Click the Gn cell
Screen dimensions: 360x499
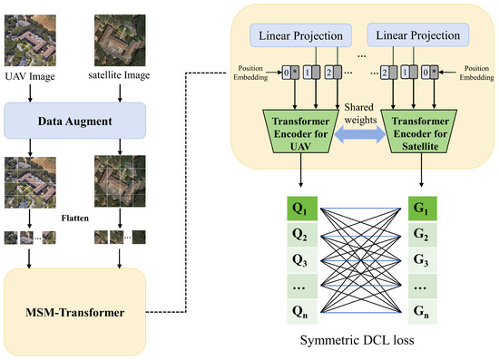(424, 315)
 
